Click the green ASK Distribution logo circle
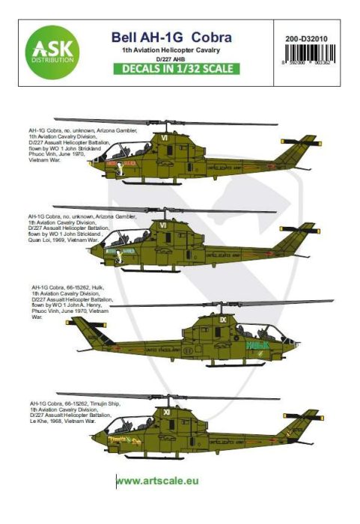pos(52,50)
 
